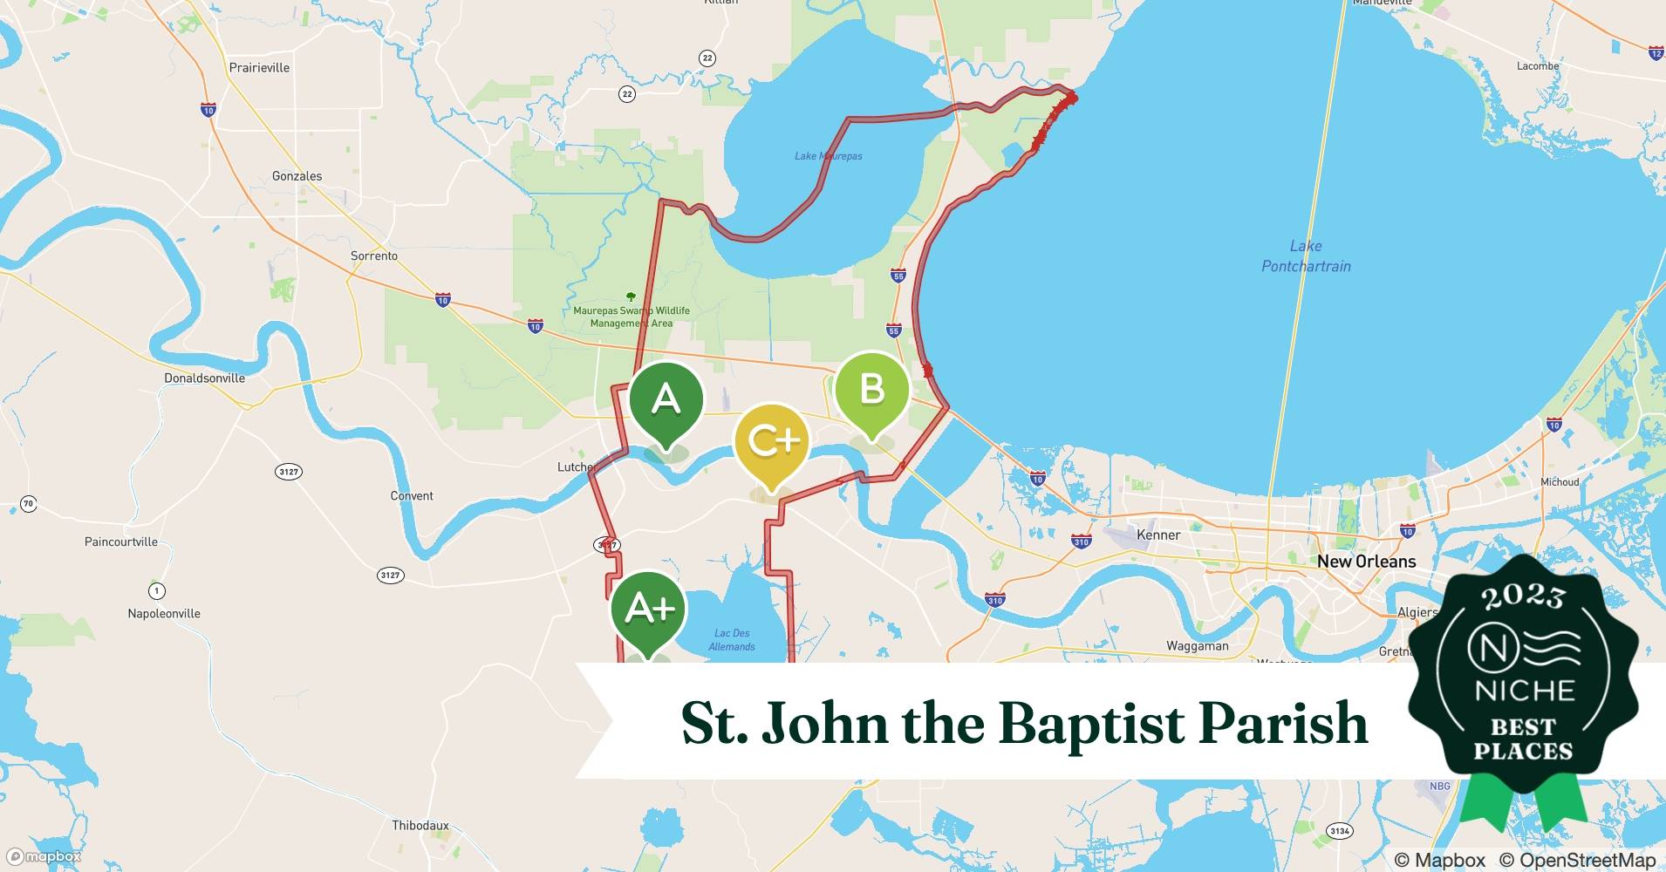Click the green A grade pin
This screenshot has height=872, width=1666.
666,400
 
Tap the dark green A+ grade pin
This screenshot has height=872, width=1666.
649,610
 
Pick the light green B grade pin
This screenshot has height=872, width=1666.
871,390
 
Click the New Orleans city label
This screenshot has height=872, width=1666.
1366,562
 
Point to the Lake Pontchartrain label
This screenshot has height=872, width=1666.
1306,256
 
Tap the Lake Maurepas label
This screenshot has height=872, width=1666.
828,156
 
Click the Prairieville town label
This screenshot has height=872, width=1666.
259,68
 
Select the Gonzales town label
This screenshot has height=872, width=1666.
297,176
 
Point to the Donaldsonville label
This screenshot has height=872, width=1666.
205,378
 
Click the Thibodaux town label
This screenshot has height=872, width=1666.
420,825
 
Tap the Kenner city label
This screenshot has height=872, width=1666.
1158,535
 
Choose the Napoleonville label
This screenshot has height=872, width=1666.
164,614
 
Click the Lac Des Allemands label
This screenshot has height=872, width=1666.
732,640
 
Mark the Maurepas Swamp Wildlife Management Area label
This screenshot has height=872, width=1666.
632,317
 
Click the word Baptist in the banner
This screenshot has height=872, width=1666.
1092,724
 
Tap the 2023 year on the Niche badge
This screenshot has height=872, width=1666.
1523,596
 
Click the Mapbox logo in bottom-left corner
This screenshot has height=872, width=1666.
44,856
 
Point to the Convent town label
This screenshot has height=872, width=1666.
412,496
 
